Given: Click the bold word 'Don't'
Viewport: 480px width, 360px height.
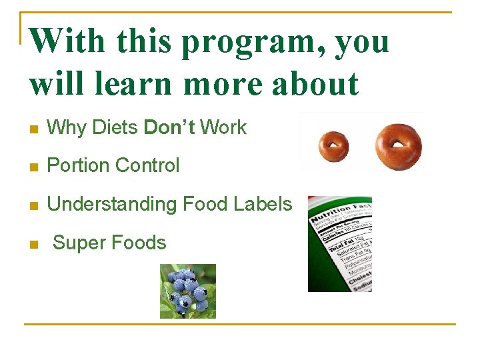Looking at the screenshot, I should (169, 127).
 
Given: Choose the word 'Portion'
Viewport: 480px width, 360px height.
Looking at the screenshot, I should (79, 165).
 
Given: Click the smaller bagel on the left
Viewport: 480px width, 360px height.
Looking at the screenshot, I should (333, 146).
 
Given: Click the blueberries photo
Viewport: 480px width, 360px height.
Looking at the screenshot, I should (188, 291).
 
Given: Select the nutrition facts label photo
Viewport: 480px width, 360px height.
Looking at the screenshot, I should (339, 244).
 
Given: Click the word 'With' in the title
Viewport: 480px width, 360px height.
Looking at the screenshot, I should (68, 41).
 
